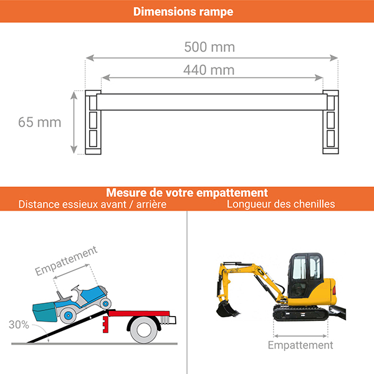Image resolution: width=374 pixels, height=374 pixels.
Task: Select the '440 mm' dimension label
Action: pos(209,70)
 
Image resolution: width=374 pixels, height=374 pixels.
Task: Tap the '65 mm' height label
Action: pos(40,122)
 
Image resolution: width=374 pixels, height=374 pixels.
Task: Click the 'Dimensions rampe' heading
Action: pos(183,12)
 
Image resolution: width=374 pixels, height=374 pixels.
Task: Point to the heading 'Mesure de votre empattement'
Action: pos(187,193)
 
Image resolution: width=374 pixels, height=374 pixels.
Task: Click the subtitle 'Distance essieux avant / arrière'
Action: pos(92,204)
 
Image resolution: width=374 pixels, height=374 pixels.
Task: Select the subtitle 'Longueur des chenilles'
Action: pos(280,204)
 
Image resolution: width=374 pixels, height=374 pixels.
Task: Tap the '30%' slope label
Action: pos(19,325)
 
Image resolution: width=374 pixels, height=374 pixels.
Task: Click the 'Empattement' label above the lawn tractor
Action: pos(66,261)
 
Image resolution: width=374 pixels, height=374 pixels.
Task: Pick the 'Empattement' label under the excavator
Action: pos(300,345)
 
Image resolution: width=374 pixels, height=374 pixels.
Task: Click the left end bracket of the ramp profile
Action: pos(92,122)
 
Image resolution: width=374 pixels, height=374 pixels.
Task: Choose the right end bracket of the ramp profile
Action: pos(330,122)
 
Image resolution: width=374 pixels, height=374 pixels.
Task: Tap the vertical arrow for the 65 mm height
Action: pos(74,122)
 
